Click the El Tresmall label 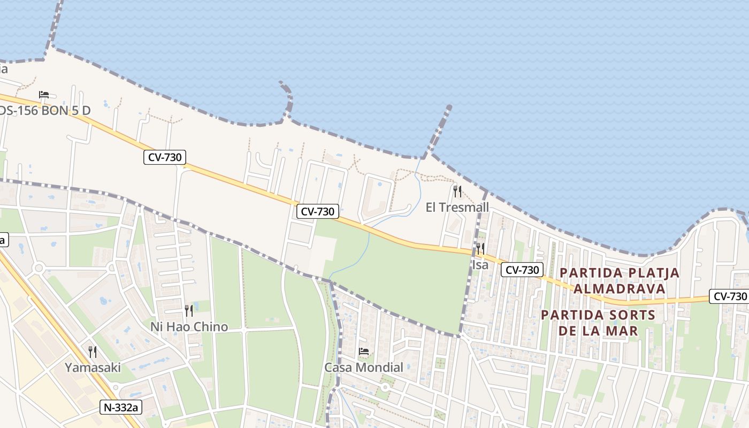tap(457, 207)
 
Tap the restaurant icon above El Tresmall tap(457, 192)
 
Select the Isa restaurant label tap(480, 264)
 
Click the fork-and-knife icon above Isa tap(480, 248)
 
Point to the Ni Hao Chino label tap(189, 326)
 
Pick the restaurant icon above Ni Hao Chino tap(189, 311)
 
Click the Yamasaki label tap(93, 368)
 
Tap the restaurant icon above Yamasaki tap(93, 351)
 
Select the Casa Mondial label tap(364, 368)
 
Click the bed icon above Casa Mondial tap(364, 352)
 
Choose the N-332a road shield tap(121, 408)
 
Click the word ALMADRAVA tap(620, 289)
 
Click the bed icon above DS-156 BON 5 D tap(44, 95)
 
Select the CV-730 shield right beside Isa tap(522, 270)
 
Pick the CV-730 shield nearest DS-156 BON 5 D tap(165, 157)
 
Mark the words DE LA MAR tap(598, 331)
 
